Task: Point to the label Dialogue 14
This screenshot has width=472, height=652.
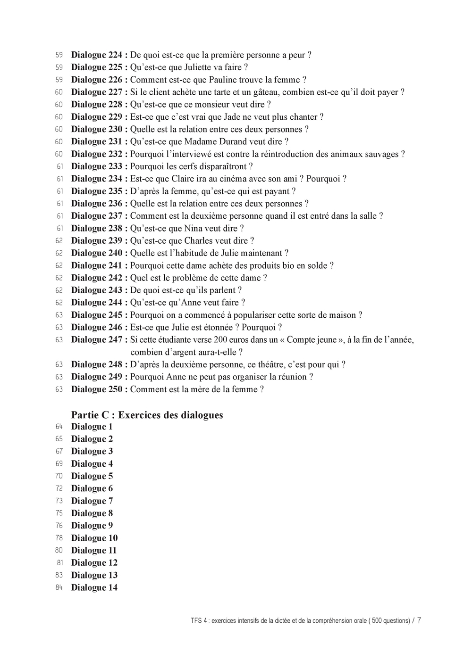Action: coord(94,587)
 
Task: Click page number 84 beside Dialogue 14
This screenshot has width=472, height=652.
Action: coord(59,587)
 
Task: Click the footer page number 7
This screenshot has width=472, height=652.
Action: coord(419,620)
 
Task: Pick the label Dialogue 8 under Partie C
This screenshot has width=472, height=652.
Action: coord(92,513)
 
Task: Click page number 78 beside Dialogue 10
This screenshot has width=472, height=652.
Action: coord(59,538)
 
